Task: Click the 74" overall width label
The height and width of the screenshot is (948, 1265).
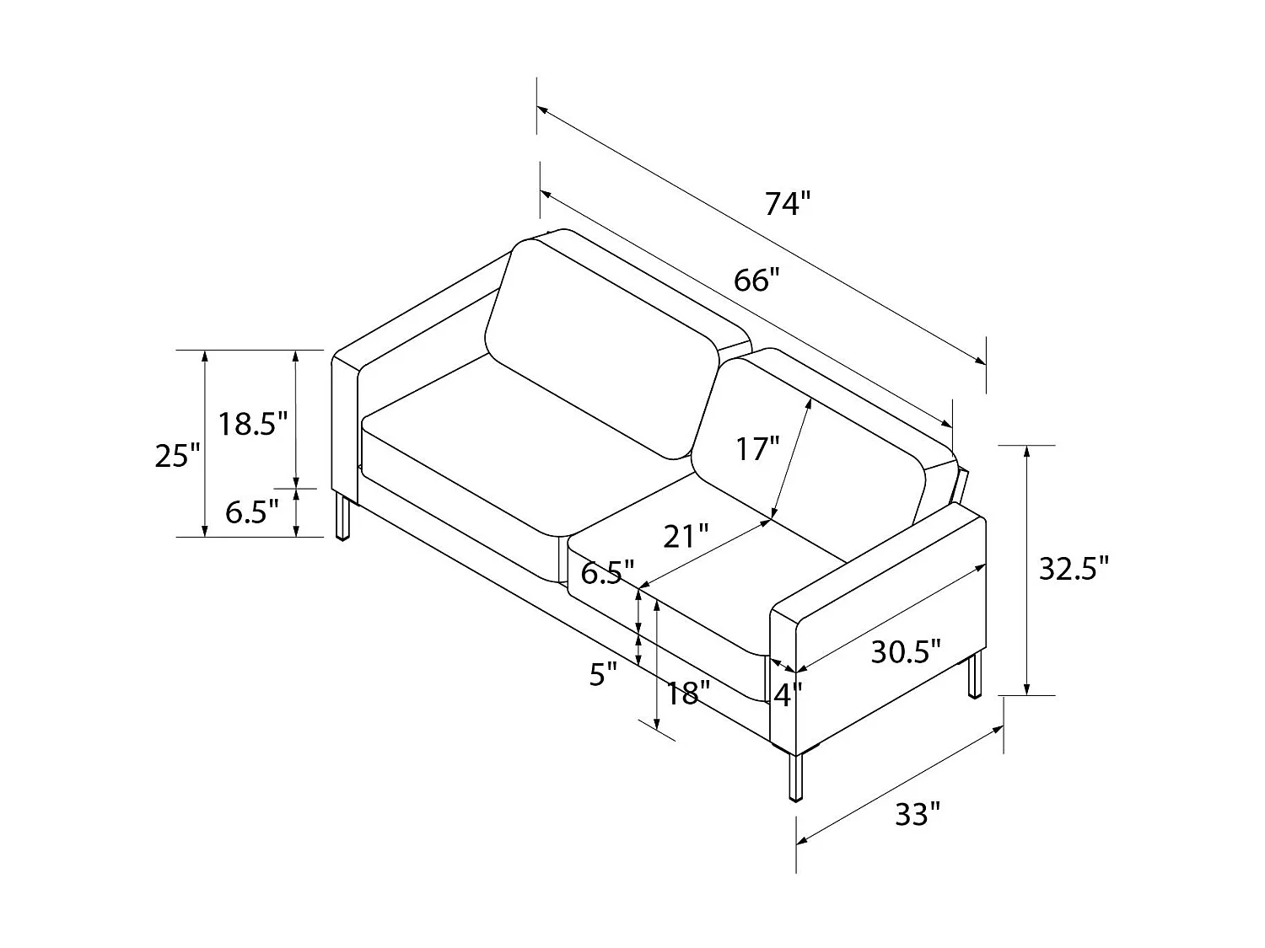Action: tap(787, 204)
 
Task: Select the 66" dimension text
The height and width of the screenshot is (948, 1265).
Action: tap(752, 280)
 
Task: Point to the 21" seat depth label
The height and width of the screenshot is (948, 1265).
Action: tap(685, 536)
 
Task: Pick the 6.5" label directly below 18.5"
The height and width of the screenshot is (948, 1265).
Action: tap(251, 511)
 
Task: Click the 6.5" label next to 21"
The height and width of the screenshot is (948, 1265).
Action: tap(607, 573)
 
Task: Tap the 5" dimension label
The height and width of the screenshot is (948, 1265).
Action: tap(603, 674)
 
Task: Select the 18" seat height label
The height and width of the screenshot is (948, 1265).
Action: tap(687, 694)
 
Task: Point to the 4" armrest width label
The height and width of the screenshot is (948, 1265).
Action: tap(788, 695)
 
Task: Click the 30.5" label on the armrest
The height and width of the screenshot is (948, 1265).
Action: tap(905, 651)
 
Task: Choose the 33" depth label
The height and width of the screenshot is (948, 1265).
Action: tap(917, 814)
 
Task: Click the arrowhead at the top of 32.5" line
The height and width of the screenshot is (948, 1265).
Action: tap(1026, 452)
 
